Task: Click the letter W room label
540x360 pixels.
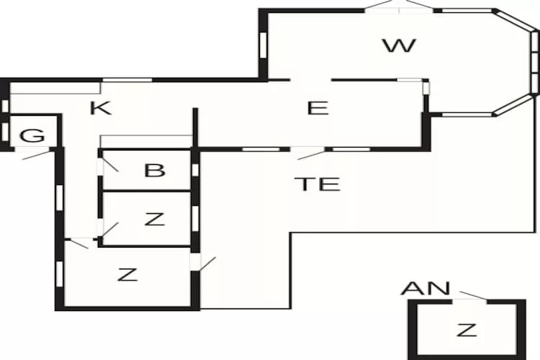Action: coord(399,47)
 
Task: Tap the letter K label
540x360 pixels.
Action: coord(101,109)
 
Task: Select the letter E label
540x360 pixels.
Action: coord(318,109)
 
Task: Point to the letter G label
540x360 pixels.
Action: coord(30,135)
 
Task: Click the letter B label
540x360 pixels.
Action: coord(155,171)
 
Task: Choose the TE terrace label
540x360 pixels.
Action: coord(317,184)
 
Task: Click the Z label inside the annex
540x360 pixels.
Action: coord(467,330)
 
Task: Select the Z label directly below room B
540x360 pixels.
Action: coord(154,220)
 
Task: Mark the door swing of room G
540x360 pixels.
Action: coord(36,153)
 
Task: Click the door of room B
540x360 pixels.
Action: coord(109,162)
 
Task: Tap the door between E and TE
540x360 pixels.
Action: coord(310,153)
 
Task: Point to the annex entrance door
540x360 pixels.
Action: coord(472,296)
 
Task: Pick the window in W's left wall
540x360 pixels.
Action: coord(263,45)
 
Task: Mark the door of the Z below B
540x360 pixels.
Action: coord(109,232)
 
